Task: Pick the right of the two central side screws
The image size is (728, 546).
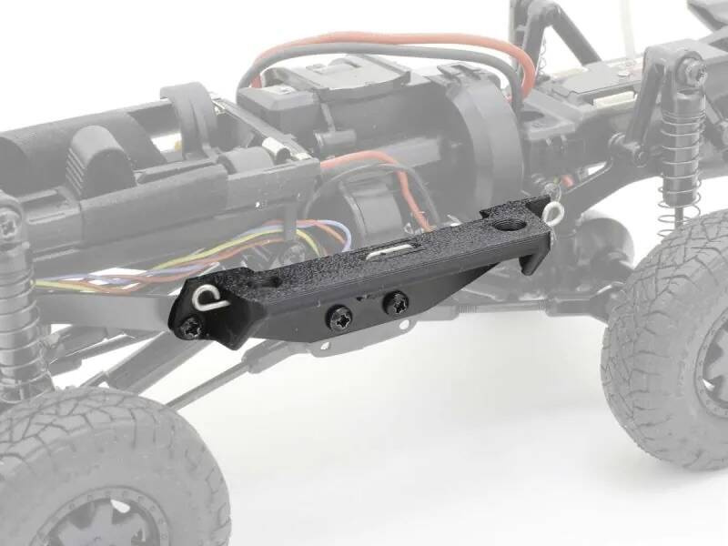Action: (x=396, y=303)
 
